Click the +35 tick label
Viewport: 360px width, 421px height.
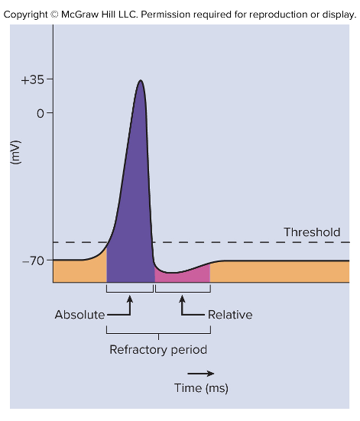[32, 79]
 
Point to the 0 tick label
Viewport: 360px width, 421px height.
[40, 113]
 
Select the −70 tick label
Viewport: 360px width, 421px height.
[34, 261]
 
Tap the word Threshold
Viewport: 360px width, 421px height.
[312, 232]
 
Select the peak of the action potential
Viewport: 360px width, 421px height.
[140, 81]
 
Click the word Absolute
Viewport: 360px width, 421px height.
[79, 315]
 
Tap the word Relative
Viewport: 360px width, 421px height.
[229, 315]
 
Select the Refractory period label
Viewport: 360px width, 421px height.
[158, 351]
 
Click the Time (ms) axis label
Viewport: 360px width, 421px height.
[201, 388]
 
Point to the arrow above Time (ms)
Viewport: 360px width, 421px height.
[201, 374]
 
